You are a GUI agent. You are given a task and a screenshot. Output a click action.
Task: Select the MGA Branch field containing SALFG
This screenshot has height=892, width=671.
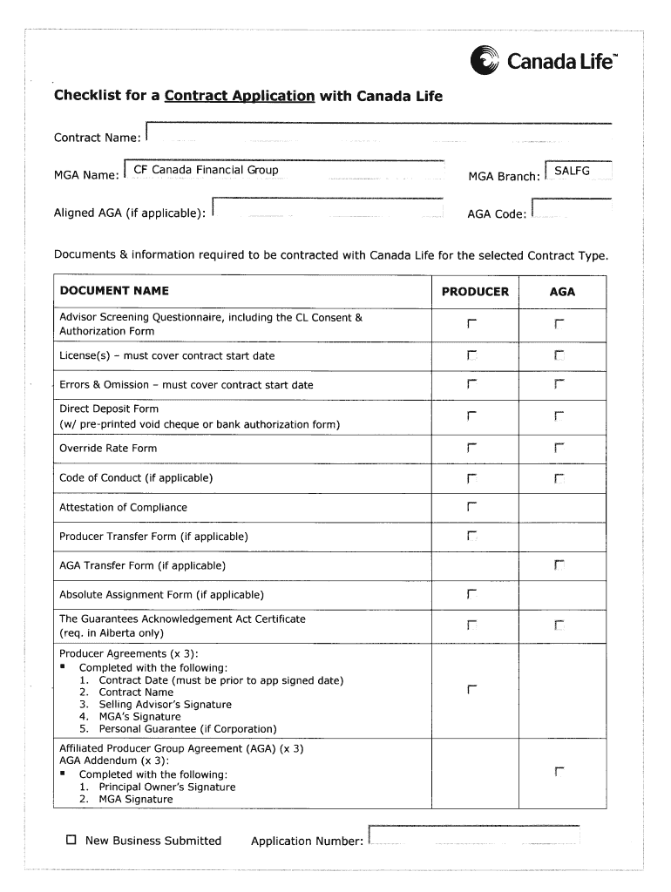coord(578,172)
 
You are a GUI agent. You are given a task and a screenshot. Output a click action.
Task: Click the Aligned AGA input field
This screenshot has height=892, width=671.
coord(329,210)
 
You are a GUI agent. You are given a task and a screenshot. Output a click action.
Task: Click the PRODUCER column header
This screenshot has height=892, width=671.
coord(475,292)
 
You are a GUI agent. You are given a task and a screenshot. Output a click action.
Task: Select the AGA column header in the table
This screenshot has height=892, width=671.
coord(562,292)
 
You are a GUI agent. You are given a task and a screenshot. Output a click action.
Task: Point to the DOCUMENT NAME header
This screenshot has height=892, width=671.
coord(114,291)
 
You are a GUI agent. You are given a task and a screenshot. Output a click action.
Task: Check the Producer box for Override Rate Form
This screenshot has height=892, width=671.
coord(471,449)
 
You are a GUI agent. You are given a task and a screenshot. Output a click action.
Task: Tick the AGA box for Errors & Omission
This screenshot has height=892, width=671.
coord(559,384)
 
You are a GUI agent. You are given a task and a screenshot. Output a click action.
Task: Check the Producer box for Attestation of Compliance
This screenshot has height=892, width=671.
coord(471,507)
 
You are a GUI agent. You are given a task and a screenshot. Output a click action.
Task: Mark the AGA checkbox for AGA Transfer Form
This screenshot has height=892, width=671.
coord(559,566)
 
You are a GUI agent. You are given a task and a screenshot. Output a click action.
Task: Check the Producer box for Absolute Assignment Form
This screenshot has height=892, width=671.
coord(471,595)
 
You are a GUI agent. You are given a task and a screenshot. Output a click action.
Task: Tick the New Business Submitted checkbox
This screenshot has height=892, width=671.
coord(72,841)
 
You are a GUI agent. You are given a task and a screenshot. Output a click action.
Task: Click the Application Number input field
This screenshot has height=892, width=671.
coord(474,836)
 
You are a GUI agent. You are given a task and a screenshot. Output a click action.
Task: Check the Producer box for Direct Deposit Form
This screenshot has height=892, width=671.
coord(471,416)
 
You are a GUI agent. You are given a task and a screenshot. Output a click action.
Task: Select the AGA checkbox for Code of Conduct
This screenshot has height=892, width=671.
coord(559,478)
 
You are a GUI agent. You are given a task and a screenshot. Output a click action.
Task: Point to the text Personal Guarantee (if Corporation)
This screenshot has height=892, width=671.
coord(187,729)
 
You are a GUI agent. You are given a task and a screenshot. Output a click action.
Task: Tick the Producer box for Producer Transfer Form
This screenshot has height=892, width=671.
coord(471,536)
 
